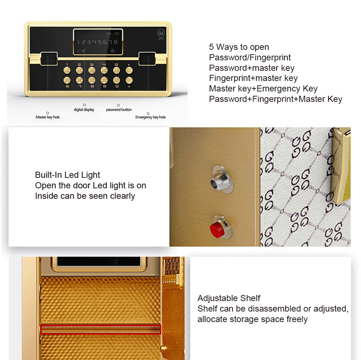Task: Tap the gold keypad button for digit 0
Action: (117, 80)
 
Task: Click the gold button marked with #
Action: (129, 80)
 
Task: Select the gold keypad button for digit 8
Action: (92, 80)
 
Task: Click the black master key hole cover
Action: (49, 59)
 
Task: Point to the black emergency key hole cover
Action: (147, 59)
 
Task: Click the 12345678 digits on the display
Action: (97, 42)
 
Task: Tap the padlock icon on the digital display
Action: (113, 50)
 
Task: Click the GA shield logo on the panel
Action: (161, 34)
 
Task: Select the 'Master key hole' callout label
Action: (48, 117)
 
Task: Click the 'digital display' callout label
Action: (84, 110)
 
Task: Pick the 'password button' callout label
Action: (119, 110)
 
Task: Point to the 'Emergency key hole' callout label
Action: (151, 117)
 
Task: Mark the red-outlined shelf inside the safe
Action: (101, 329)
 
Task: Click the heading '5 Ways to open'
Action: (239, 47)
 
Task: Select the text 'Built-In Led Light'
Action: (68, 175)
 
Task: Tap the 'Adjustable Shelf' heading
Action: (229, 298)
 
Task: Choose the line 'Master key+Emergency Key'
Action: (263, 89)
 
